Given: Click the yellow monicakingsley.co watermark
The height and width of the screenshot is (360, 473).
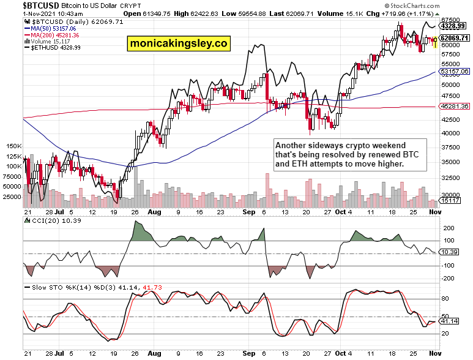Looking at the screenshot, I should point(177,43).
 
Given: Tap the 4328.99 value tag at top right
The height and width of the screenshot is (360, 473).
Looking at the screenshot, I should point(454,26).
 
